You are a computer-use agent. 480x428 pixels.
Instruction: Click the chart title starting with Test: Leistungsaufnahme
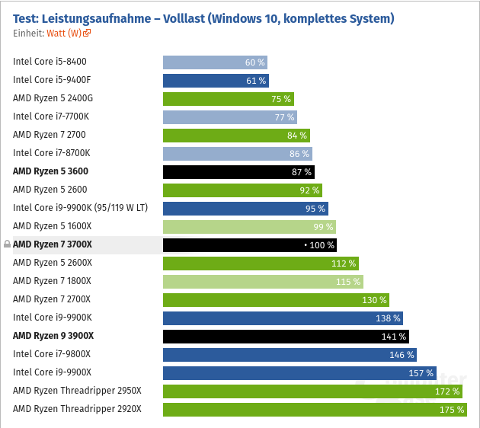point(203,18)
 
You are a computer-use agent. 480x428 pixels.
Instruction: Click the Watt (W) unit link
point(63,34)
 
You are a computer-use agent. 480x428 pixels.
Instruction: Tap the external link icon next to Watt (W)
point(88,34)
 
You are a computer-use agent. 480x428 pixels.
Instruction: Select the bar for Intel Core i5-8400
point(215,62)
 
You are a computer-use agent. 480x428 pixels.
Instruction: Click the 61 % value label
point(255,81)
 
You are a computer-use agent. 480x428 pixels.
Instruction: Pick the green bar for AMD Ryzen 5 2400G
point(228,99)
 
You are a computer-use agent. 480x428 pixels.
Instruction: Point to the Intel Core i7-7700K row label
point(51,117)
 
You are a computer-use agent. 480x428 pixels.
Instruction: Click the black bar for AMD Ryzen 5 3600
point(238,172)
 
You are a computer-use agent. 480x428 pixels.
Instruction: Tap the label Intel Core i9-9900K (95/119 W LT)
point(80,208)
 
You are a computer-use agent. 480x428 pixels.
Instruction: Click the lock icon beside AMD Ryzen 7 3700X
point(7,244)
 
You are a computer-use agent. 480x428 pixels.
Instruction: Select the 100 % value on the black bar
point(321,245)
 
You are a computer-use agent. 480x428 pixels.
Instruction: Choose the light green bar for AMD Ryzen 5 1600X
point(249,227)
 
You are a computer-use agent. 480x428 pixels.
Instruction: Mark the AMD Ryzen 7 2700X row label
point(52,299)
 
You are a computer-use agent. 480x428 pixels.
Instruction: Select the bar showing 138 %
point(282,318)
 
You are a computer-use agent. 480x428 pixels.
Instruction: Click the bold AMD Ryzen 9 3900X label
point(53,336)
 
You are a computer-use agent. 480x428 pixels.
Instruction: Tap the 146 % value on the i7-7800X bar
point(402,355)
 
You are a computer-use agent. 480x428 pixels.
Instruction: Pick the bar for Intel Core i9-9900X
point(299,373)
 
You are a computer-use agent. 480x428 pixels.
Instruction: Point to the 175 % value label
point(452,410)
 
